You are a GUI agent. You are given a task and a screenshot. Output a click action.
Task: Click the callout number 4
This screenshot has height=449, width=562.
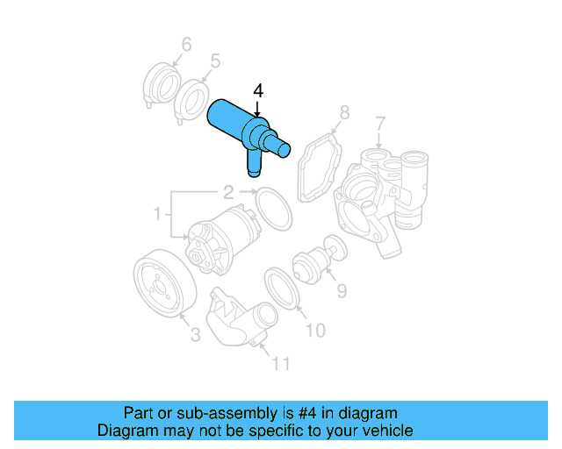(x=257, y=90)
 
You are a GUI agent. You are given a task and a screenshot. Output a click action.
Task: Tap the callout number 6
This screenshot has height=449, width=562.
(x=186, y=44)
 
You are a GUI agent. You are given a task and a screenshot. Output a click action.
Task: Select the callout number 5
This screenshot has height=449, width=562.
(x=214, y=61)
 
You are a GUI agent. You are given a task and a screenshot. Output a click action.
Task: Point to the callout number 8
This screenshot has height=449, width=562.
(x=344, y=112)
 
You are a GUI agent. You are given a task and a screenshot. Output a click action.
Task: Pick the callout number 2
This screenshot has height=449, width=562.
(x=227, y=192)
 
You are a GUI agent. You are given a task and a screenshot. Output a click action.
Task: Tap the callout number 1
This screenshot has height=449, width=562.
(x=158, y=213)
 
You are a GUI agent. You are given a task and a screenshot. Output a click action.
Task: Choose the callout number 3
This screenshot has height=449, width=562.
(x=195, y=333)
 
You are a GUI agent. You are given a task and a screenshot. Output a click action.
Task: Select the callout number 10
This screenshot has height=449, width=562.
(x=314, y=330)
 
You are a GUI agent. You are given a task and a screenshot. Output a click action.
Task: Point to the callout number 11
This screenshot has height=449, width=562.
(x=278, y=362)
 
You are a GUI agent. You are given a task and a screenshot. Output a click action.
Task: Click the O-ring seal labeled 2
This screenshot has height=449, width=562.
(x=273, y=210)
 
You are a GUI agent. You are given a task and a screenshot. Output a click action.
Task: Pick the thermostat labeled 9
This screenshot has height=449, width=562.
(x=312, y=261)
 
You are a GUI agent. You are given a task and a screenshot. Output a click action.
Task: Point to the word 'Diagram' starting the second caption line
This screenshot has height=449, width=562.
(x=125, y=431)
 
